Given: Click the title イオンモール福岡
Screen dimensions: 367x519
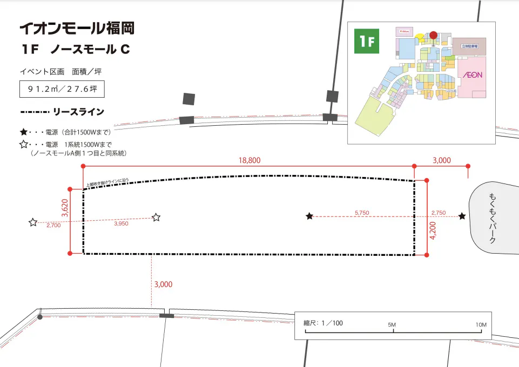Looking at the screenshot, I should coord(76,28).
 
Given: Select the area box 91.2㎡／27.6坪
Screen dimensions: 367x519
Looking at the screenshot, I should coord(62,89).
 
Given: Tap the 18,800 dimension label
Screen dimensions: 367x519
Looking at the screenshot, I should coord(250,160).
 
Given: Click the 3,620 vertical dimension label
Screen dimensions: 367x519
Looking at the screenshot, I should coord(65,208).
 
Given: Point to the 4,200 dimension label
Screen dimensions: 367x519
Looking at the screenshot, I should coord(432,230).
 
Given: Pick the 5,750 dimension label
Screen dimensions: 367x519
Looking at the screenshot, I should coord(362,213).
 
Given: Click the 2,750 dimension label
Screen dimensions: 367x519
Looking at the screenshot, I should coord(438,213).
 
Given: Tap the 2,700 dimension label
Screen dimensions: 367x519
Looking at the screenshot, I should coord(53,226).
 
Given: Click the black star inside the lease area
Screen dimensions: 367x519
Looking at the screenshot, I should coord(309,216).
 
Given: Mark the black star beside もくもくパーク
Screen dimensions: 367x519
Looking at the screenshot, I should coord(462,216).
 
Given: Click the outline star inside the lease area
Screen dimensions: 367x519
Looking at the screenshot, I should coord(156,218).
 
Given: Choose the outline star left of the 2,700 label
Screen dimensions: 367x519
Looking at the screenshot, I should coord(33,222).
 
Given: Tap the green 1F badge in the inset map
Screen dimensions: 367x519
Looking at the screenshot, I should coord(367,42).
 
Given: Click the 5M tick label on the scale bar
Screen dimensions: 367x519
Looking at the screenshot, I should coord(392,325).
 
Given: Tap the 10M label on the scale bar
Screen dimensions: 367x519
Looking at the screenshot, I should coord(481,325).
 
